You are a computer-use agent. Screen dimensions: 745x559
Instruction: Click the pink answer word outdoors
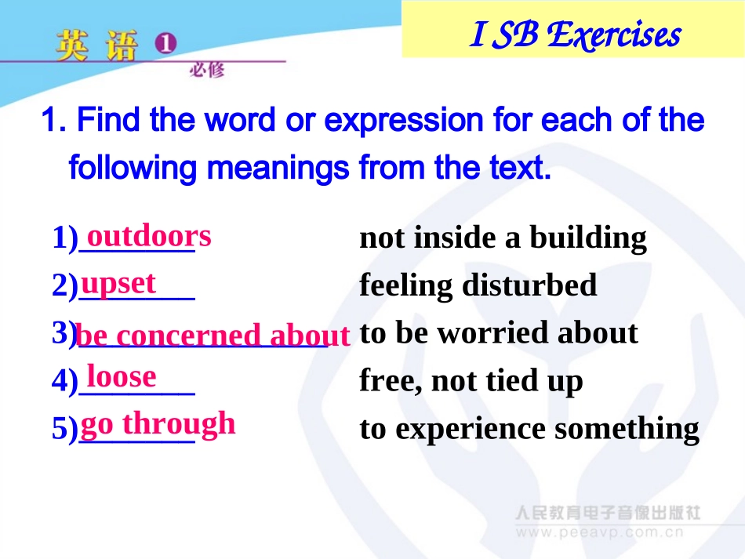point(149,236)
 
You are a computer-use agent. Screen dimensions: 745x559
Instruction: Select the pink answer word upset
point(118,285)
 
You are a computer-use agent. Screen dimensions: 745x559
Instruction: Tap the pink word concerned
point(188,335)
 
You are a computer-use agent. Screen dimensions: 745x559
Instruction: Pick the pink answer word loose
point(122,376)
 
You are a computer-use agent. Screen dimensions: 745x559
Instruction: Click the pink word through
point(179,424)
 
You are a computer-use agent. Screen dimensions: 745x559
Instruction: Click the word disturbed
point(529,285)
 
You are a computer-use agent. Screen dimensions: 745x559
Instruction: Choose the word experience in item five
point(471,430)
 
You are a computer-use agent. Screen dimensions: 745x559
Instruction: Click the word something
point(627,430)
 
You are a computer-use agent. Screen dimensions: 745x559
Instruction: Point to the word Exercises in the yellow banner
point(614,34)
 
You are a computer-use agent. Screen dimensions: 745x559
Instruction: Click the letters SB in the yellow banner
point(515,34)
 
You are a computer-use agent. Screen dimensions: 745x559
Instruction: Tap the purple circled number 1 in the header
point(165,43)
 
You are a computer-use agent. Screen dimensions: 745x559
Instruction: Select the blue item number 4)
point(65,381)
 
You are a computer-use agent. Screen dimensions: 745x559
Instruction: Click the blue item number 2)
point(65,285)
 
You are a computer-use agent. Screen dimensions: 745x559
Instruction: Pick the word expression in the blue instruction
point(403,120)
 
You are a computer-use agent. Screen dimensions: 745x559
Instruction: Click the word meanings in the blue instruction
point(278,169)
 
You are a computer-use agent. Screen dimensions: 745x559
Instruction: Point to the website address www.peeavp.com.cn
point(600,532)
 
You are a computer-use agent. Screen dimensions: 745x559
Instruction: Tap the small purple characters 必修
point(207,71)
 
